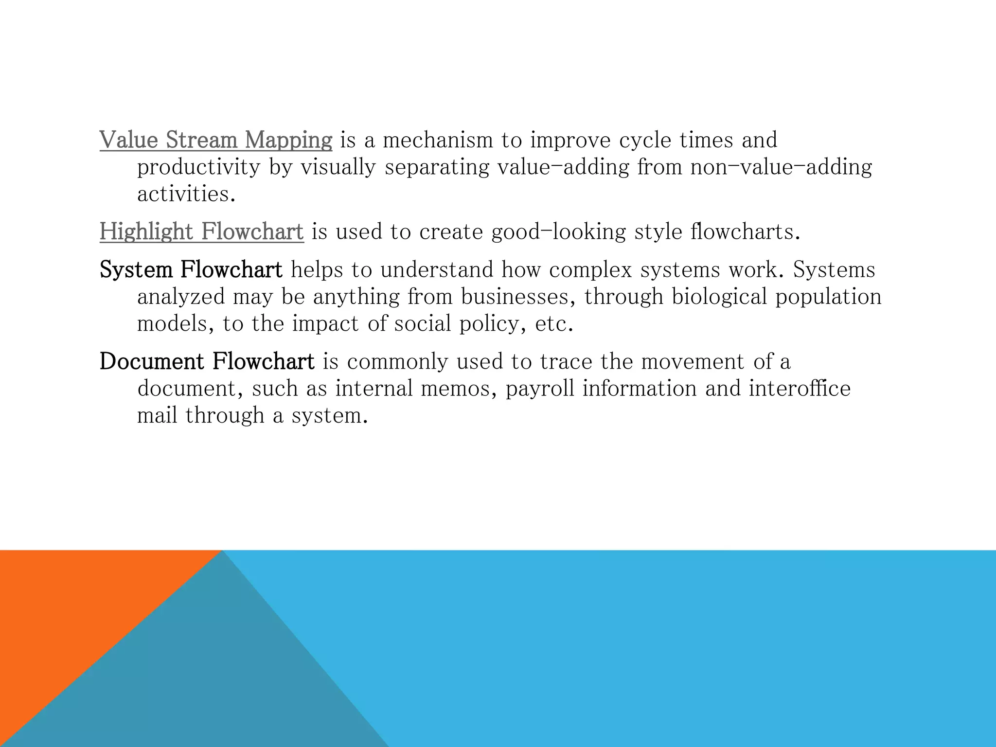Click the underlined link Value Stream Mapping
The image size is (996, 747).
(x=216, y=140)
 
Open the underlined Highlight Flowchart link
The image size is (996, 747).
(x=201, y=231)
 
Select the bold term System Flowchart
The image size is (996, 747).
(x=191, y=269)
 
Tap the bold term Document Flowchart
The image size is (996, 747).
(x=207, y=361)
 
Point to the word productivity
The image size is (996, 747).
(x=199, y=168)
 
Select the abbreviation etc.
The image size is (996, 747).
(x=553, y=324)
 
